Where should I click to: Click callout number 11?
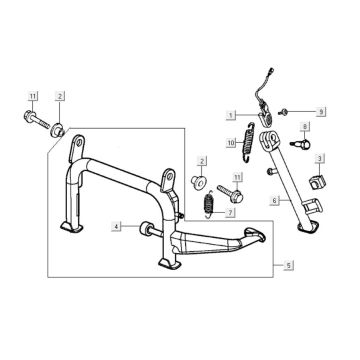pyautogui.click(x=32, y=97)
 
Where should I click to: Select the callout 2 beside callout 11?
pyautogui.click(x=60, y=97)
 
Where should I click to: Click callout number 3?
pyautogui.click(x=318, y=158)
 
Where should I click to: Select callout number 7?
pyautogui.click(x=229, y=213)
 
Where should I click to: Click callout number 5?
pyautogui.click(x=290, y=265)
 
